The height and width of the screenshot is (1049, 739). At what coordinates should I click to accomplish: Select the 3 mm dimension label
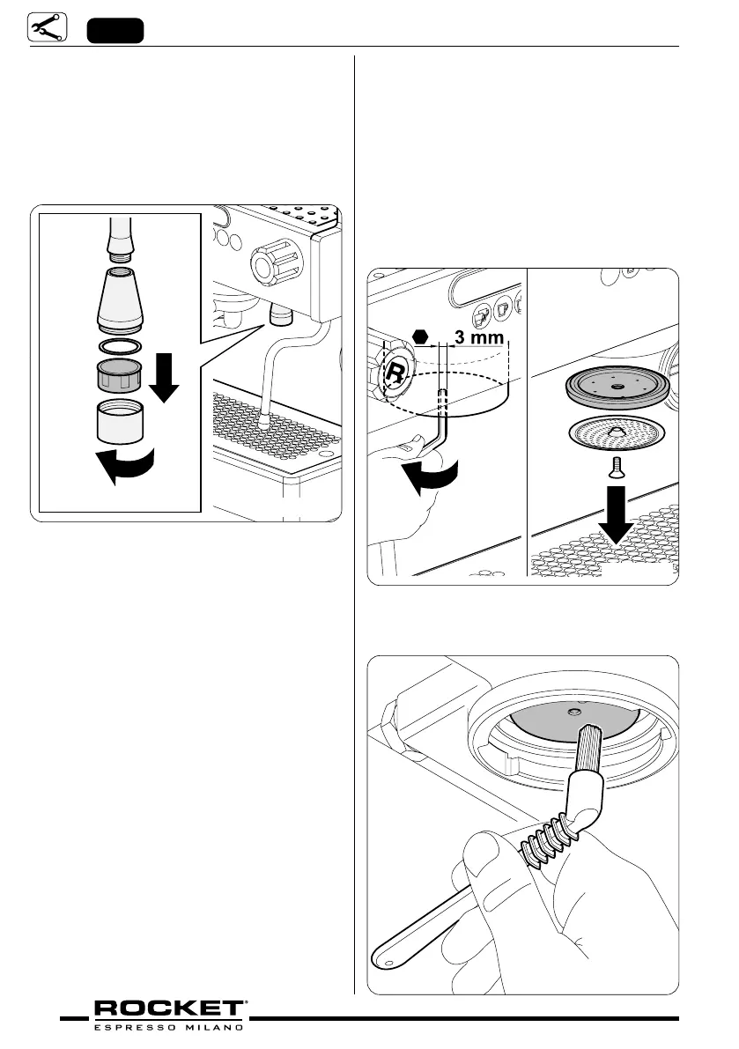coord(477,337)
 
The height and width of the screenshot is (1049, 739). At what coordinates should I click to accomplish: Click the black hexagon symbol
coord(421,336)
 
